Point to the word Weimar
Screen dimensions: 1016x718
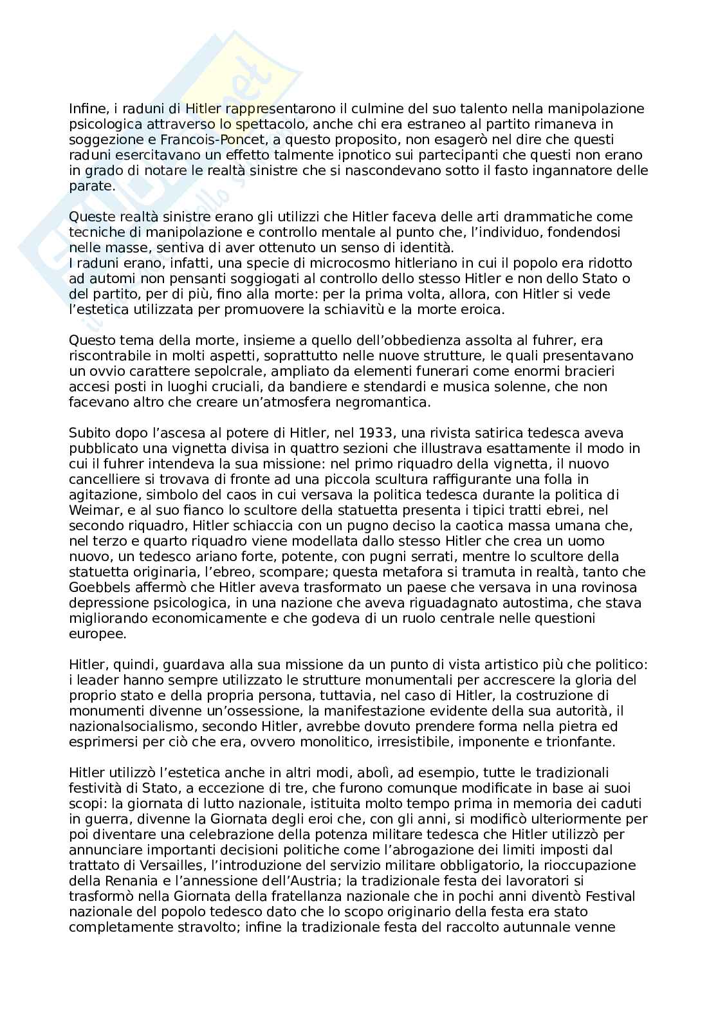(x=91, y=510)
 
